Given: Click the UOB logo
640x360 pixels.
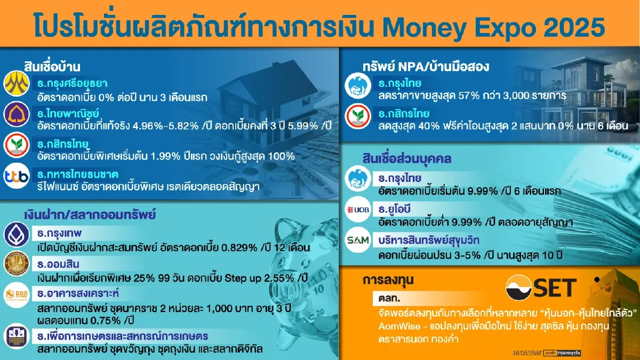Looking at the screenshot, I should (357, 209).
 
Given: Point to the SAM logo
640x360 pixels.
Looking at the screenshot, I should (357, 240).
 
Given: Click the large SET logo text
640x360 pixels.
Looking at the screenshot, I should (542, 287).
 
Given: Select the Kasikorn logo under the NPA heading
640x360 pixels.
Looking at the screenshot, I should (357, 118).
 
